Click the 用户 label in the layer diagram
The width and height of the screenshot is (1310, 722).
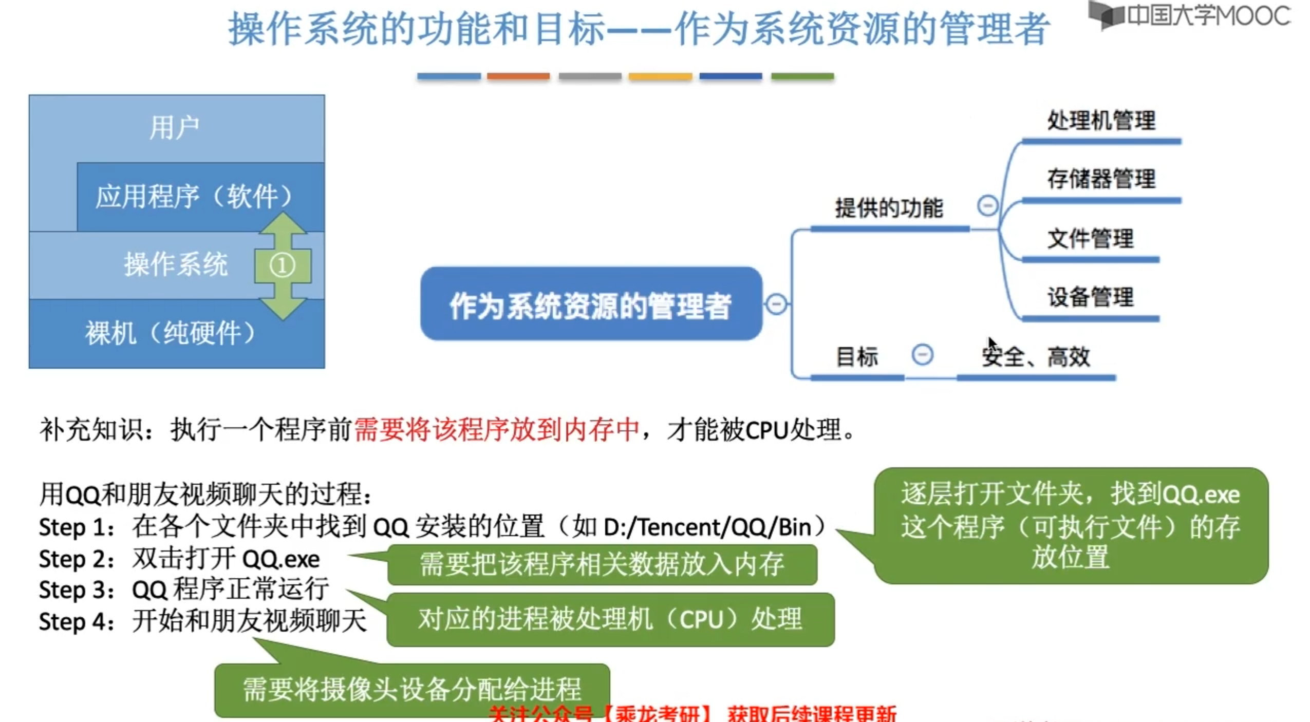click(174, 127)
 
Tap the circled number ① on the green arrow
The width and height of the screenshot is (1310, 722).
click(282, 265)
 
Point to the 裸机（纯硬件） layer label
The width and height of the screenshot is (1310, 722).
click(170, 333)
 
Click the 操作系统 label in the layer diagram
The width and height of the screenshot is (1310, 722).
click(175, 264)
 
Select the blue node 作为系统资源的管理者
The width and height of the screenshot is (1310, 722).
click(590, 305)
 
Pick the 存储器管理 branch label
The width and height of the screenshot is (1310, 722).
click(1101, 179)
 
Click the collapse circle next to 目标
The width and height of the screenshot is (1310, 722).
click(922, 355)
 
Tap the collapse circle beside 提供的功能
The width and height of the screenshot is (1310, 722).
click(987, 206)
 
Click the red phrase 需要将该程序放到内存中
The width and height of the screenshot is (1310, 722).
click(497, 429)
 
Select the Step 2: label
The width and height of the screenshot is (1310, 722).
click(76, 559)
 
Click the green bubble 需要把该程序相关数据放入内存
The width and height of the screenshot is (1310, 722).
click(602, 564)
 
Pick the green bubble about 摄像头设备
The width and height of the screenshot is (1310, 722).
click(411, 689)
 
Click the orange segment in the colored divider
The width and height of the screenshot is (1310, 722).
click(518, 77)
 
